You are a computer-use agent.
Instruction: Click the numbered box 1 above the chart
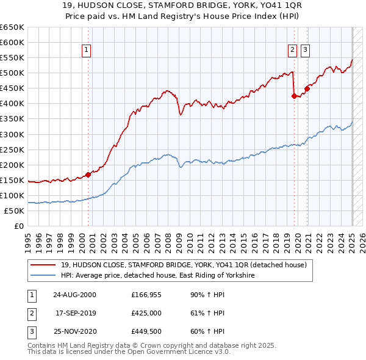click(87, 50)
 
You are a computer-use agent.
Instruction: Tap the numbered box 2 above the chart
click(292, 50)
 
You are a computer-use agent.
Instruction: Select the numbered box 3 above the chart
click(304, 50)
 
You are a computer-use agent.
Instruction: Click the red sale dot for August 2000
click(88, 175)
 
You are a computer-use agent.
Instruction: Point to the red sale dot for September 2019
click(294, 96)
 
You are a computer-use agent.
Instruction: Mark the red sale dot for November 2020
click(307, 88)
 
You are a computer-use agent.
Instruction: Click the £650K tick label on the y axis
click(12, 27)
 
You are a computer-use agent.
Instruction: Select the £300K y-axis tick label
click(12, 134)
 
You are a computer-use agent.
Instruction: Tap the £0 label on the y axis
click(18, 226)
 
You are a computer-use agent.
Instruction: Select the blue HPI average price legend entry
click(157, 276)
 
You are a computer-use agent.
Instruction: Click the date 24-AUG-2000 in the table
click(74, 295)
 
